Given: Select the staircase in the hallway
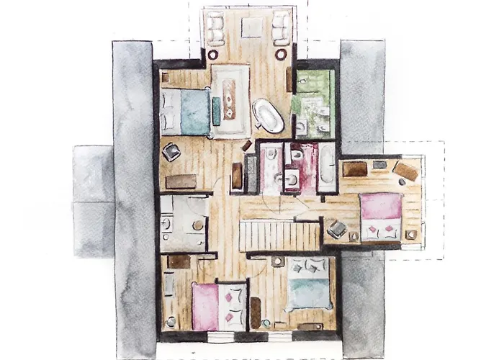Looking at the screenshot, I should (x=279, y=235).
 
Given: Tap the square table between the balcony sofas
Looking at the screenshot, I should (x=251, y=27).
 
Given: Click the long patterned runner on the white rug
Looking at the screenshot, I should (x=229, y=96).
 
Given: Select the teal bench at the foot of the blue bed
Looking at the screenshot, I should (x=216, y=110).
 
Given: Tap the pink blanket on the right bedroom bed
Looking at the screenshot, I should (x=381, y=207).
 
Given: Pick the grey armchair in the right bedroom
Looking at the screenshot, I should (x=336, y=229).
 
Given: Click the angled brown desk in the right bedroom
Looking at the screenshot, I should (x=405, y=172).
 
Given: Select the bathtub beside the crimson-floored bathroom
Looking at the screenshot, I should (x=326, y=166).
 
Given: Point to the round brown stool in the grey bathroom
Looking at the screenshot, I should (x=197, y=225).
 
